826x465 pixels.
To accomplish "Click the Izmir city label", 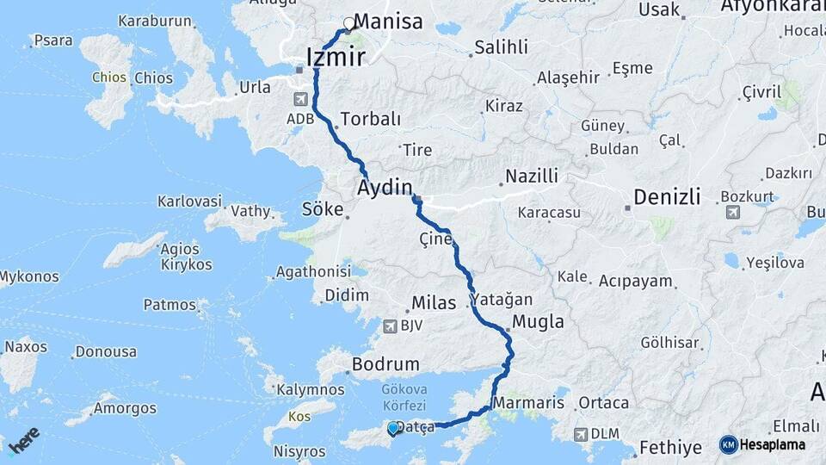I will coord(336,58).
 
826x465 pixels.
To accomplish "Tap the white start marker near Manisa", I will coord(348,23).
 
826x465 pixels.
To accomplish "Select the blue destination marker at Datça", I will coord(393,428).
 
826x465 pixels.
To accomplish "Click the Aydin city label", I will coord(386,187).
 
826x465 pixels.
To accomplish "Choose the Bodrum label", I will coord(385,364).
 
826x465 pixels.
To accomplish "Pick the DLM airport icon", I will coord(583,433).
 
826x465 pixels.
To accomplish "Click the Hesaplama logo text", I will coord(773,444).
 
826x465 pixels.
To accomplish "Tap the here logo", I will coord(23,437).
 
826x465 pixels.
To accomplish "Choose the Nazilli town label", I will coord(533,176).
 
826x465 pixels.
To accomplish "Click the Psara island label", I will coord(53,40).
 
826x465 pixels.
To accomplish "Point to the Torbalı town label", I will coord(371,118).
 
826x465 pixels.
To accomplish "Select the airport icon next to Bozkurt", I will coord(732,211).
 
